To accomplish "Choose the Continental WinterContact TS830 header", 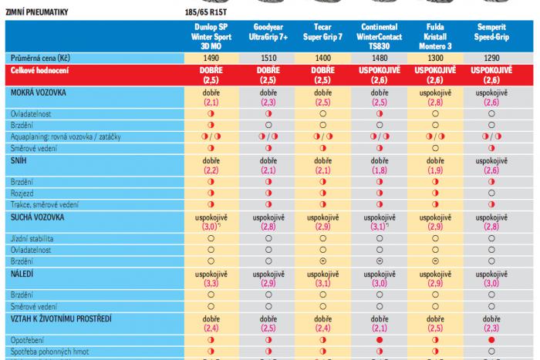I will [x=378, y=35].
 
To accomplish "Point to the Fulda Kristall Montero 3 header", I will [x=434, y=35].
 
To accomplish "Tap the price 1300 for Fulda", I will [x=434, y=58].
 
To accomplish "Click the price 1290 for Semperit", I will [x=491, y=58].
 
